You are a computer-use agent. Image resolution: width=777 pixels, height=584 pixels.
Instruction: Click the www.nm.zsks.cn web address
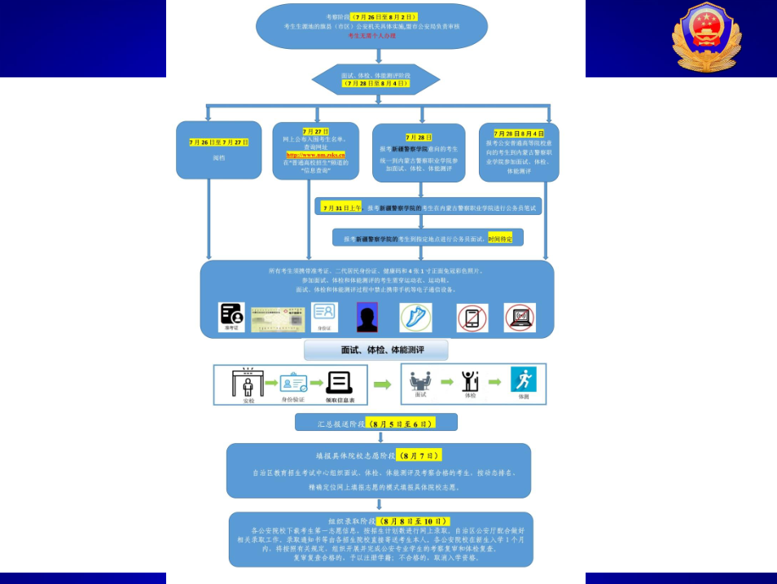[315, 154]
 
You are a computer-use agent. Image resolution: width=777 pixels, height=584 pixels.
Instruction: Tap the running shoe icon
[415, 317]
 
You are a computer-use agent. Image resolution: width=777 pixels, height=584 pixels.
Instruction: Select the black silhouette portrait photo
[367, 317]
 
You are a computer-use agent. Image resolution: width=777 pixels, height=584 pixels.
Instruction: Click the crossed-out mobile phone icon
[472, 318]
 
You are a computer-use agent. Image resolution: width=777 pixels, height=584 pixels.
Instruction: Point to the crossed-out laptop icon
[520, 317]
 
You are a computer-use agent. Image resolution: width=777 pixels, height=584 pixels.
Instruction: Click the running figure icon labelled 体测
[523, 381]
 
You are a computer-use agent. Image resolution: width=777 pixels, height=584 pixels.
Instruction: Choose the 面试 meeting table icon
[420, 380]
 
